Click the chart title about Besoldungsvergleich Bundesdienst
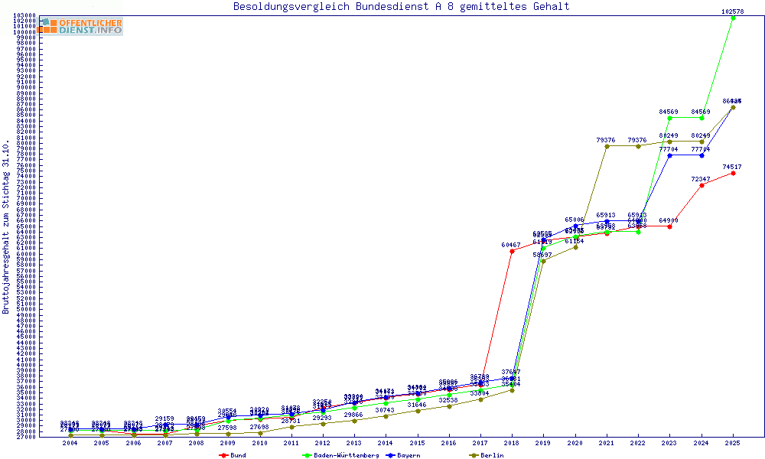[401, 6]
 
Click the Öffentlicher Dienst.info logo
[80, 26]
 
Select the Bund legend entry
[236, 455]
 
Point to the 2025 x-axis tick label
[733, 443]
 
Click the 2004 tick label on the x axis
[70, 443]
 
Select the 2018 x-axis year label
[512, 443]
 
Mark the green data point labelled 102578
[733, 18]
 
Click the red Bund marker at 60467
[512, 251]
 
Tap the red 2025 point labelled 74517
[733, 173]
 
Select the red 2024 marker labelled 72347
[702, 185]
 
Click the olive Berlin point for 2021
[607, 146]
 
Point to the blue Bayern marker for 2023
[670, 155]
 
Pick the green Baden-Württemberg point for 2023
[670, 118]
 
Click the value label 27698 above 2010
[259, 426]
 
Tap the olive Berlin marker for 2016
[449, 406]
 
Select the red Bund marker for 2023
[670, 226]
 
